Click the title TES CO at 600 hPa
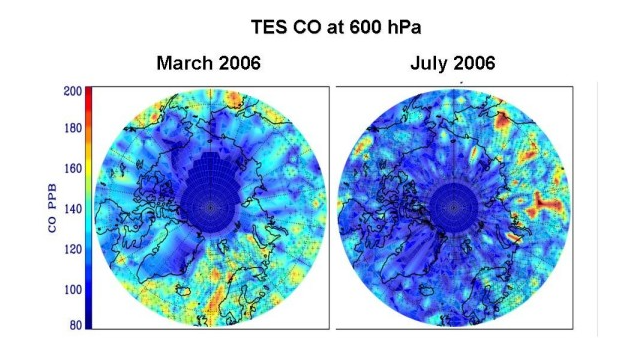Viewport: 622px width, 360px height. [336, 27]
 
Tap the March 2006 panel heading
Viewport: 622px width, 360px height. [209, 63]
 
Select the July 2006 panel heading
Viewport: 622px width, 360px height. [453, 63]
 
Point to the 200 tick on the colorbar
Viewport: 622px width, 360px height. [73, 91]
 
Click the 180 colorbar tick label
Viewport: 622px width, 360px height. [73, 128]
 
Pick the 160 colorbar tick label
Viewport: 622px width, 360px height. [73, 169]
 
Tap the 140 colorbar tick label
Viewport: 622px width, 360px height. [73, 209]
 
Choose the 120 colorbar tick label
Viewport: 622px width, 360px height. [73, 249]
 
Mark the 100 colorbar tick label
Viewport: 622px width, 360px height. [73, 289]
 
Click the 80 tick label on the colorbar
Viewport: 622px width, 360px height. [76, 325]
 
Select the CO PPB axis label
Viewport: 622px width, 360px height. [52, 208]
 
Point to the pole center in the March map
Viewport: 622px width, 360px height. [210, 207]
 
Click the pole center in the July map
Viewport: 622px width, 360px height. [453, 207]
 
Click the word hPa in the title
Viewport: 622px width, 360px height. [402, 28]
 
